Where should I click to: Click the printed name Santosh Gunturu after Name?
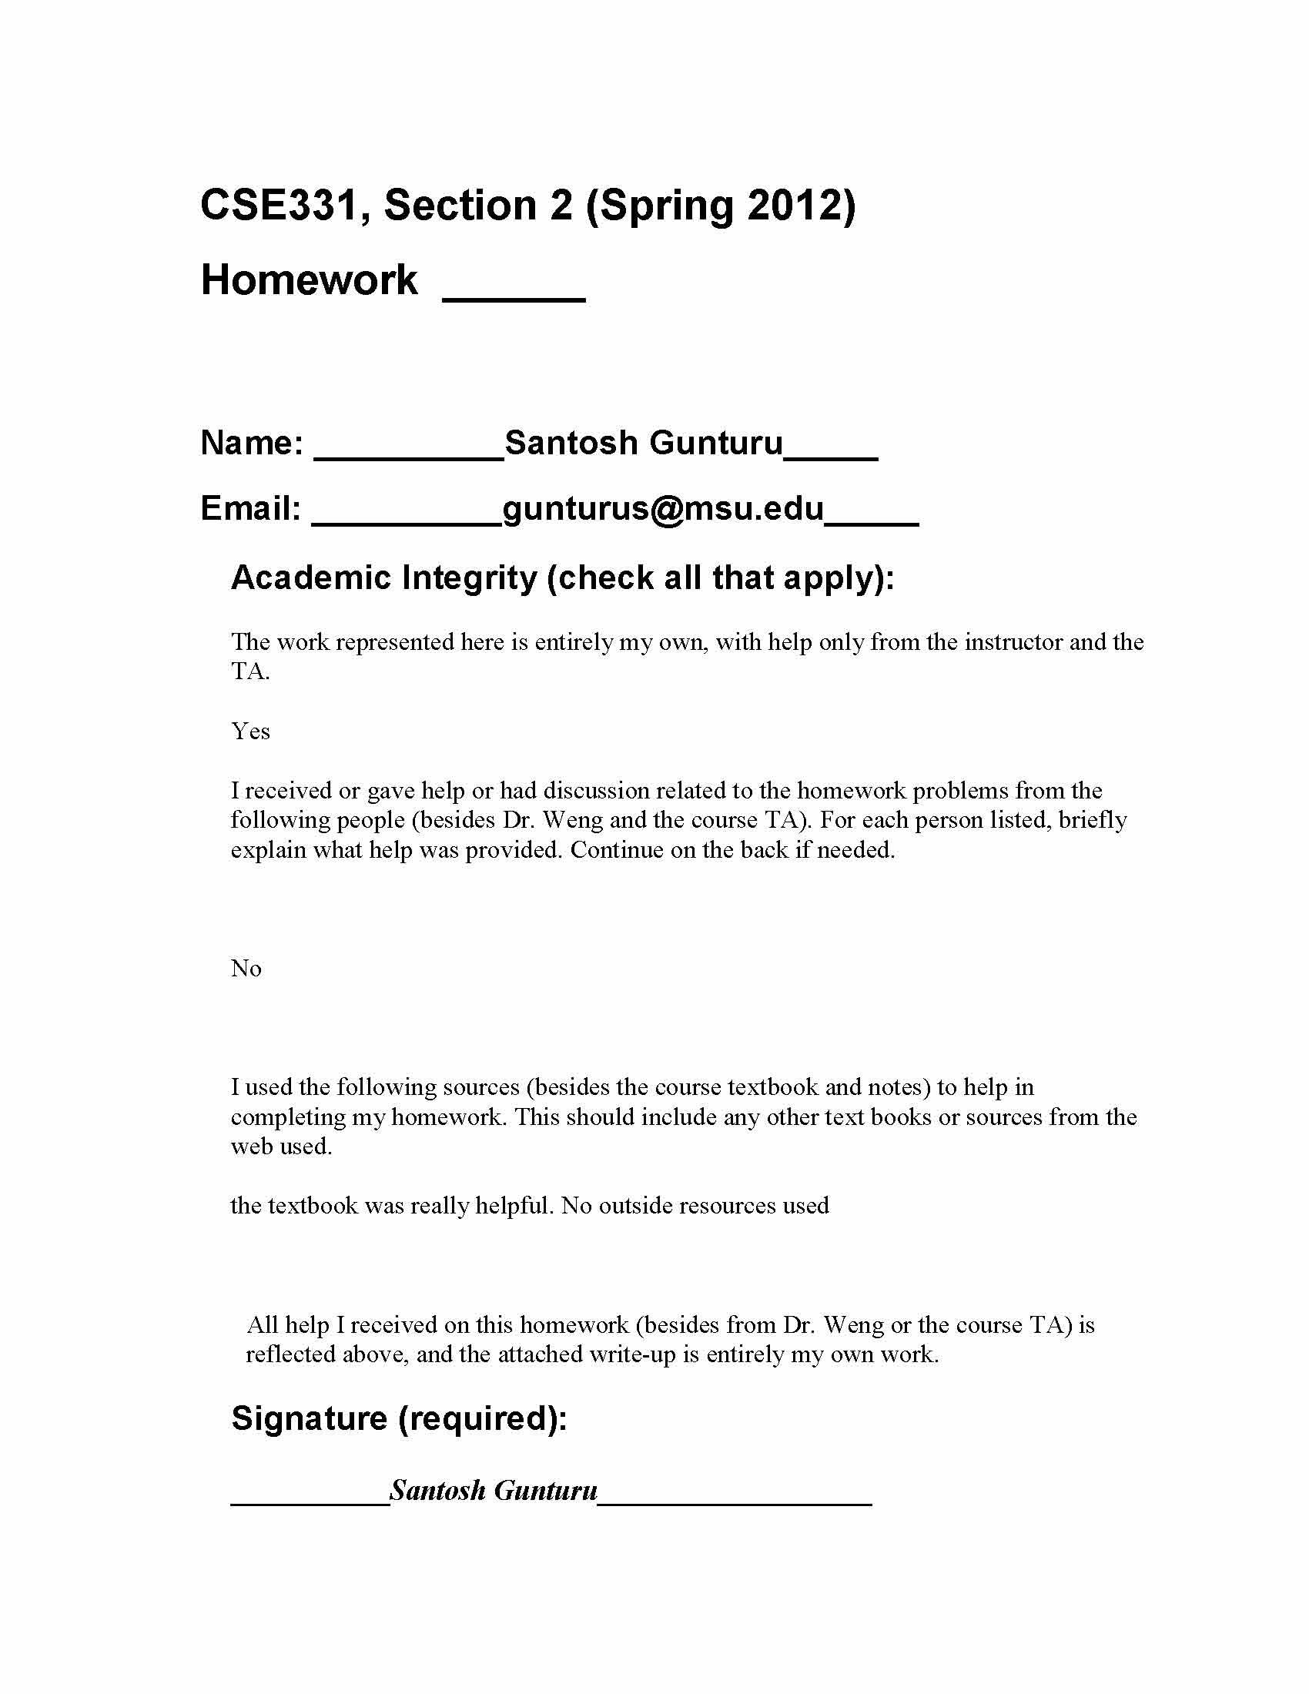644,443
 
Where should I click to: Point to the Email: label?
250,509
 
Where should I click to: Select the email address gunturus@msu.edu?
663,509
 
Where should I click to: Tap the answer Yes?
250,731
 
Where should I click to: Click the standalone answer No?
246,969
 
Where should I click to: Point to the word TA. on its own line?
249,671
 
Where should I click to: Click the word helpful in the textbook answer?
512,1206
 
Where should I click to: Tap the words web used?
282,1147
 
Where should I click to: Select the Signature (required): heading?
400,1418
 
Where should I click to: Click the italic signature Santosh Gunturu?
494,1491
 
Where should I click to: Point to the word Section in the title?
460,206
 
